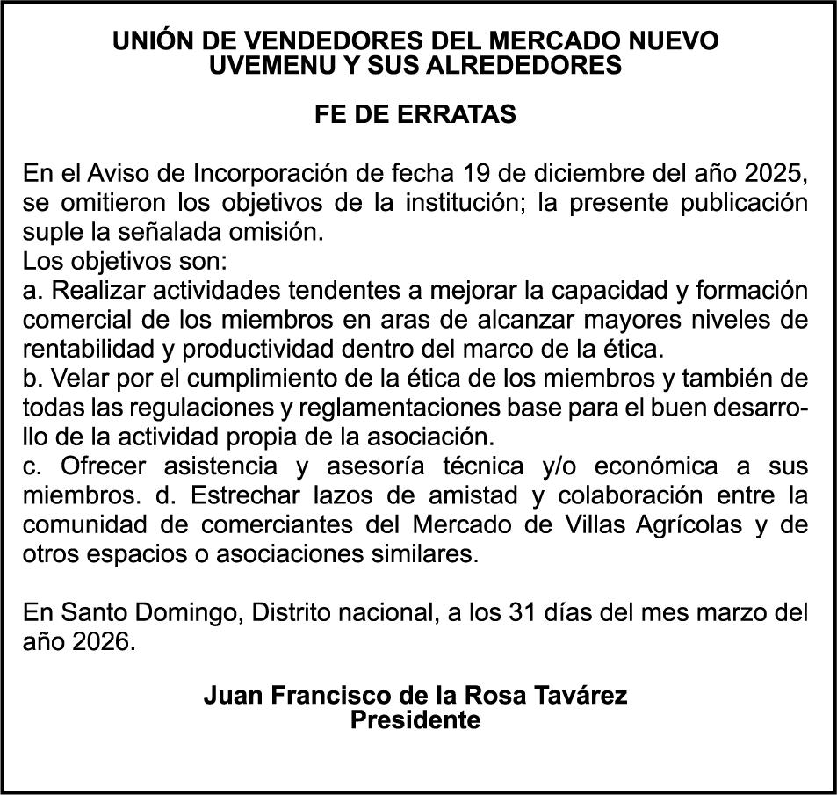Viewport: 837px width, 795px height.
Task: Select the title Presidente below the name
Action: point(415,720)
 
